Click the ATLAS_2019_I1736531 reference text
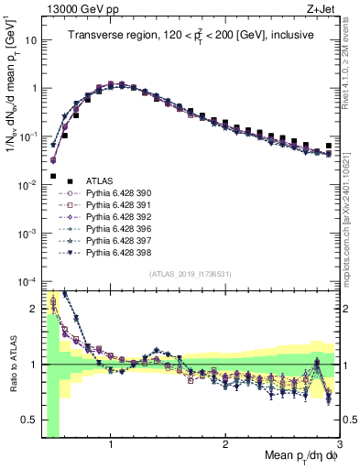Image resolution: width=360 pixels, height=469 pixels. pos(191,274)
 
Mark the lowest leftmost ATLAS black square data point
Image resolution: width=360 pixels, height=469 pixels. pos(53,176)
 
